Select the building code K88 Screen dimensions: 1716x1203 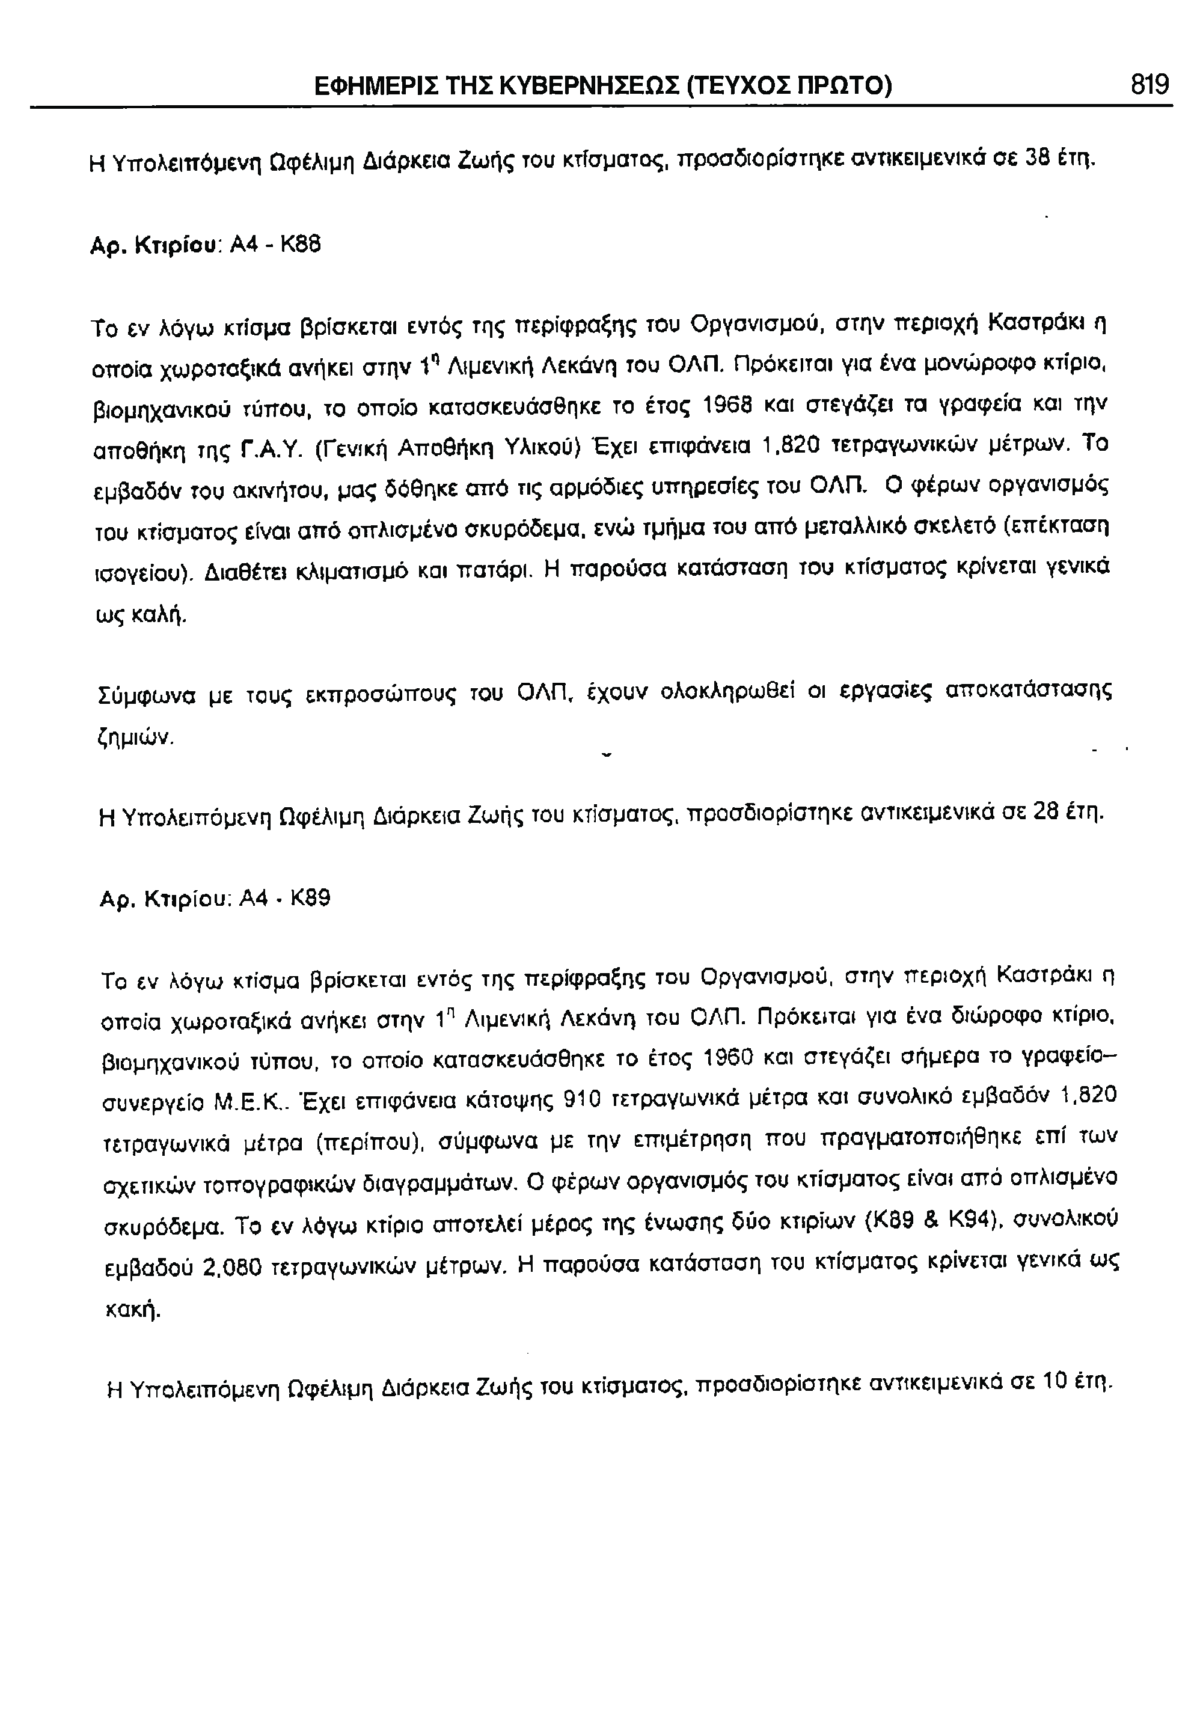(x=300, y=245)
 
